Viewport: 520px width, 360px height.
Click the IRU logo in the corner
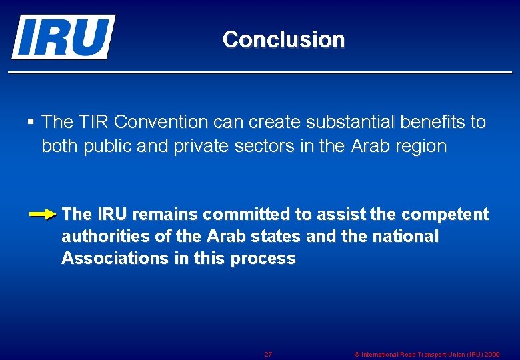point(63,37)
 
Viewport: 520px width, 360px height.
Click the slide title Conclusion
point(283,40)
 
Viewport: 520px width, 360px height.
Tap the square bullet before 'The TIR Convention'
point(31,122)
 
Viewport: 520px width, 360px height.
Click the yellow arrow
point(44,215)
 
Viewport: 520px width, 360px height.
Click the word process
point(263,259)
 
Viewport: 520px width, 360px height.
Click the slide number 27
point(268,354)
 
